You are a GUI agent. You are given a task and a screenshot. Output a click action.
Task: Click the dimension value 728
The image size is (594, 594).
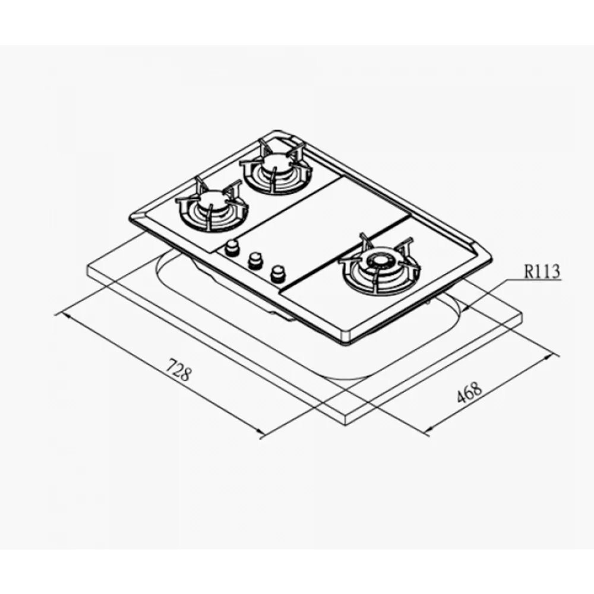178,369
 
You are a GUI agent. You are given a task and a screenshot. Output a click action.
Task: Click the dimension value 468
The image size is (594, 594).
469,393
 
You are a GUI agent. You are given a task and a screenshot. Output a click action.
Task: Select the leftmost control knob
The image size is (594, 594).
230,248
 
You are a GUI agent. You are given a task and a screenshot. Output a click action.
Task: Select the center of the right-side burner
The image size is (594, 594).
379,263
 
